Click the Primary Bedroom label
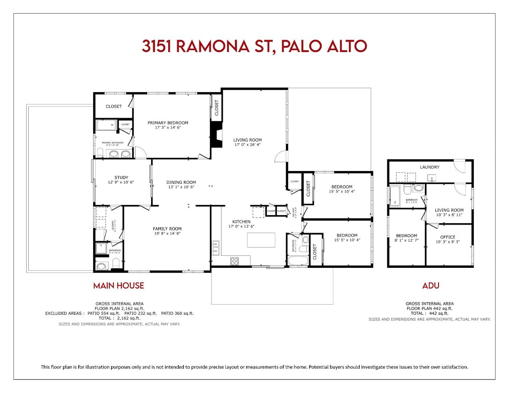(168, 123)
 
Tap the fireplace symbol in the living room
(217, 135)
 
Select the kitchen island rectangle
(261, 240)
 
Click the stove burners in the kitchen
(235, 261)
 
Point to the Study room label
(121, 178)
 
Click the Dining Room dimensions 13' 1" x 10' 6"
(181, 187)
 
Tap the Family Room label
(167, 229)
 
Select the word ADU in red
(431, 286)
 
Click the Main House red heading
(119, 286)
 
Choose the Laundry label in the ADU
(430, 167)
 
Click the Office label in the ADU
(447, 237)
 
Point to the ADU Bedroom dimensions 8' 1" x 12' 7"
(406, 240)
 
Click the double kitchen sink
(216, 247)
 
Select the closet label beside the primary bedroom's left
(114, 106)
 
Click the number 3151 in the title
(157, 46)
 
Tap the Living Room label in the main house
(248, 140)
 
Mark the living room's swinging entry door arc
(281, 156)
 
